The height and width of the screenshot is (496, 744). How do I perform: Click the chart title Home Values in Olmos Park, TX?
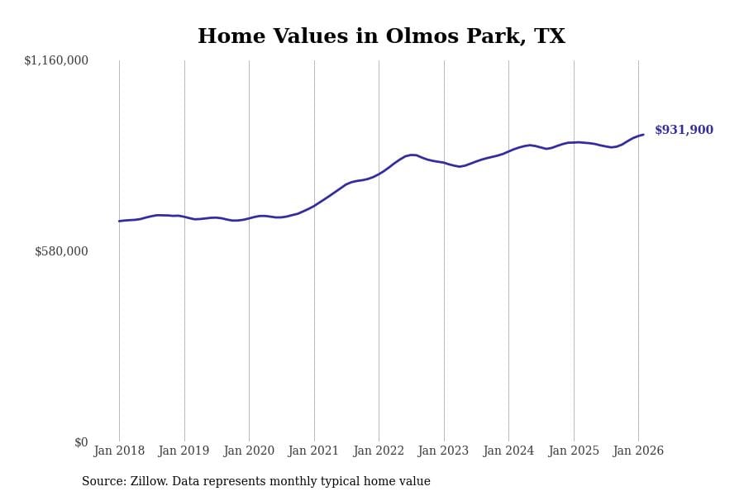coord(381,37)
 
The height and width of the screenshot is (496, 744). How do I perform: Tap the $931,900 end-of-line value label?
coord(684,131)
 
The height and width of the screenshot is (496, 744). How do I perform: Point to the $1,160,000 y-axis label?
coord(56,60)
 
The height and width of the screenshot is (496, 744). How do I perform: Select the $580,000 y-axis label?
coord(61,251)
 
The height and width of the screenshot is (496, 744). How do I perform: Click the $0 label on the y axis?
coord(81,442)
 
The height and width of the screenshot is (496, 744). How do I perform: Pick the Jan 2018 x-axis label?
coord(119,451)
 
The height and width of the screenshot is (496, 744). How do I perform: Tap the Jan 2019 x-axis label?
coord(184,451)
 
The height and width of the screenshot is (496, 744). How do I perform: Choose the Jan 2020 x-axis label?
coord(249,451)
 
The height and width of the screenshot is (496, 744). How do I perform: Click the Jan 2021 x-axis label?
coord(314,451)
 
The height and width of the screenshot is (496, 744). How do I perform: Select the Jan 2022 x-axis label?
coord(379,451)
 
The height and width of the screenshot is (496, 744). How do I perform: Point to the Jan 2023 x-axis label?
coord(444,451)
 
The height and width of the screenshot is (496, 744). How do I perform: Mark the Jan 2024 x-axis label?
coord(508,451)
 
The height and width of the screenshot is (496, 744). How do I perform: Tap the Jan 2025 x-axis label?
coord(574,451)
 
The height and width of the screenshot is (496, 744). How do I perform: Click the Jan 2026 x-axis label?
coord(638,451)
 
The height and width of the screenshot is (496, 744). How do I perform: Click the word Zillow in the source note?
coord(150,482)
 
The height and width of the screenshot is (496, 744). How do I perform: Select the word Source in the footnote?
coord(103,482)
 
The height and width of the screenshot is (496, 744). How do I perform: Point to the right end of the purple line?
coord(643,135)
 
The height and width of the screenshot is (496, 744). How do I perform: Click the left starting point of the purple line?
coord(119,221)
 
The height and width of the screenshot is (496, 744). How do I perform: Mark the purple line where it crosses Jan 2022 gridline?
coord(379,174)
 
